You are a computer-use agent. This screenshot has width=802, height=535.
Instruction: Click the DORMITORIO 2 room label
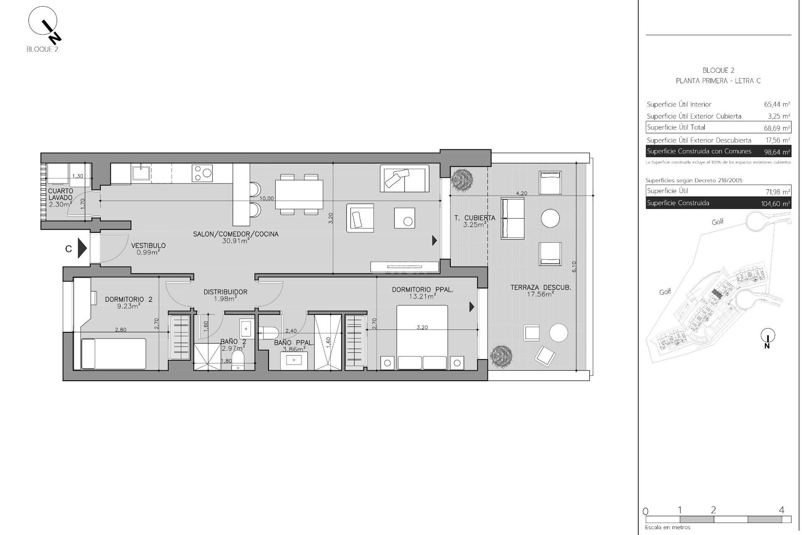pos(123,299)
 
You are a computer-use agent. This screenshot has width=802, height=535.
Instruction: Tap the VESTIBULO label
pos(148,246)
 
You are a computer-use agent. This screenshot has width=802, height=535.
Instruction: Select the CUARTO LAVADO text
pos(61,194)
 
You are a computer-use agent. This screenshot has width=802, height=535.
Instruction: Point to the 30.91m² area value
pos(236,241)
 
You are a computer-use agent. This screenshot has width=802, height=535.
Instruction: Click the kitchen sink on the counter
pos(142,173)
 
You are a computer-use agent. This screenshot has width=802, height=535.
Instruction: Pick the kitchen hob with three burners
pos(202,173)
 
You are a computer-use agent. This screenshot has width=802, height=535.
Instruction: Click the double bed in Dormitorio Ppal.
pos(422,337)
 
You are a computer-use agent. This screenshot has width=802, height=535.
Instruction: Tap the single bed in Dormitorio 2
pos(114,354)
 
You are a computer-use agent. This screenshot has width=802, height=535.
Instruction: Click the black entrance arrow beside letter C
pos(82,249)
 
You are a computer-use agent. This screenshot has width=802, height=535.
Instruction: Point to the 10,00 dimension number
pos(266,199)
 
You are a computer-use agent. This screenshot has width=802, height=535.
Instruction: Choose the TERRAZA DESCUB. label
pos(541,288)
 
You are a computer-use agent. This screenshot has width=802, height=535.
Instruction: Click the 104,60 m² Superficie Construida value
pos(775,204)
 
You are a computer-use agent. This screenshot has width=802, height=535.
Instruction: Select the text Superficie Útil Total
pos(676,127)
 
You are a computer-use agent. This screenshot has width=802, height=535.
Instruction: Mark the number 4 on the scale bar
pos(782,510)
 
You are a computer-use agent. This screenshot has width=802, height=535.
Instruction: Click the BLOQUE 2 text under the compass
pos(42,49)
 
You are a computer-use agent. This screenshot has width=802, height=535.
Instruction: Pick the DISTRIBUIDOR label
pos(226,292)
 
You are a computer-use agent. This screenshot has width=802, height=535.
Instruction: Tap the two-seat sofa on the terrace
pos(513,218)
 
